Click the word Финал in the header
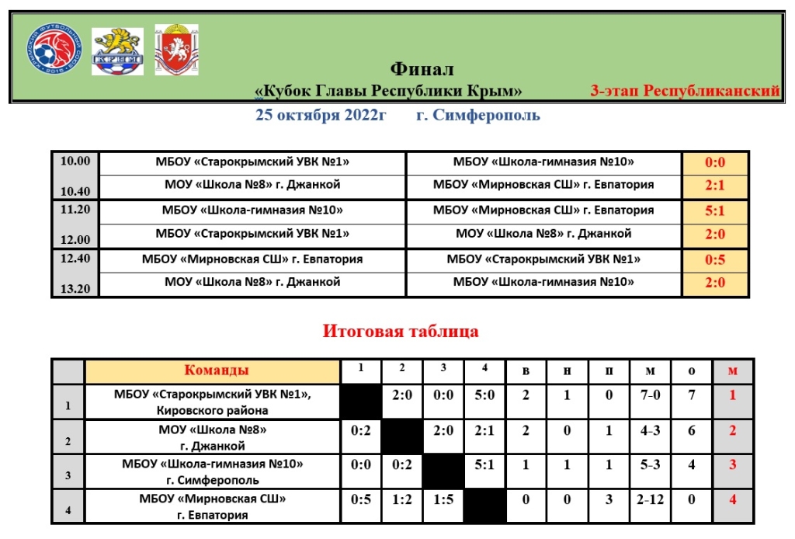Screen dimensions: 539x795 click(422, 70)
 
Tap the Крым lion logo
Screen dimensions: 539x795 click(117, 51)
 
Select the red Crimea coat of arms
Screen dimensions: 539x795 click(176, 51)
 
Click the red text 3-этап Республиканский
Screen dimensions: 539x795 click(685, 91)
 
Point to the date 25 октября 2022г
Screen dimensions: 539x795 click(321, 116)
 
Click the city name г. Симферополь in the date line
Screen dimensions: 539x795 click(477, 116)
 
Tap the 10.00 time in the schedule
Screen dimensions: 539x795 click(75, 162)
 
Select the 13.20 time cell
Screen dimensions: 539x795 click(75, 288)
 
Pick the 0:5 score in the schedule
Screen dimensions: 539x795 click(714, 259)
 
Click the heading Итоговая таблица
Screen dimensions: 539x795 click(401, 332)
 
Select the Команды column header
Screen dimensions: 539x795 click(216, 371)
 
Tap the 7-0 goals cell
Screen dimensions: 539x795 click(651, 395)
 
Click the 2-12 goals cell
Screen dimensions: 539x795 click(651, 500)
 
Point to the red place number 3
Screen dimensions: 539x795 click(731, 465)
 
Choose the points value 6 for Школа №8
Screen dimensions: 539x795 click(691, 430)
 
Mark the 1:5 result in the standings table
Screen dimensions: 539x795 click(443, 500)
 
